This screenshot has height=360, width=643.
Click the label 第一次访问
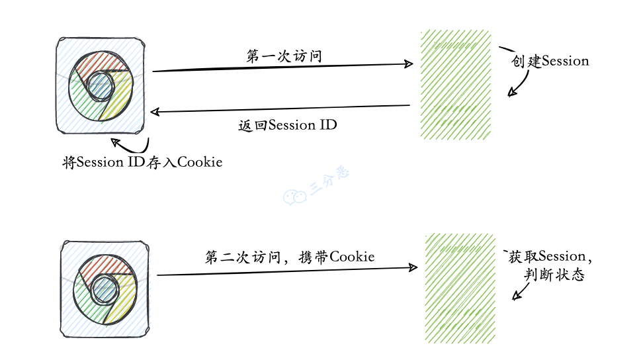click(x=284, y=56)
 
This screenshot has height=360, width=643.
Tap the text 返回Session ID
click(x=287, y=124)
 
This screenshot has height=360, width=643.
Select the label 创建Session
click(x=550, y=61)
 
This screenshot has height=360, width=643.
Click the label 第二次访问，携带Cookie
click(x=290, y=257)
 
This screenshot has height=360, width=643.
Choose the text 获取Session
click(x=548, y=256)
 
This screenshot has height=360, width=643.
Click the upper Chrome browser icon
click(x=102, y=87)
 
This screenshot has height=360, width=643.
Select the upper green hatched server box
click(x=456, y=84)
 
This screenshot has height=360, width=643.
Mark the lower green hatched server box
click(x=458, y=288)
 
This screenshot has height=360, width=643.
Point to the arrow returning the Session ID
click(x=281, y=109)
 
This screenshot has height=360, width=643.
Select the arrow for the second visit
click(x=288, y=271)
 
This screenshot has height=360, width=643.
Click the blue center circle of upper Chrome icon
click(x=101, y=87)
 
